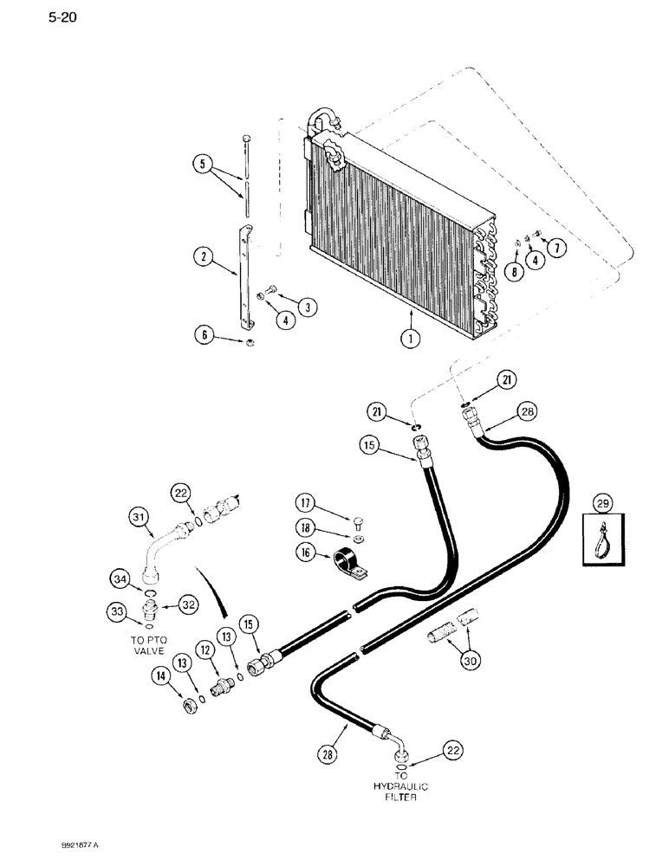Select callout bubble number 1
[410, 339]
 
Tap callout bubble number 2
[204, 255]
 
